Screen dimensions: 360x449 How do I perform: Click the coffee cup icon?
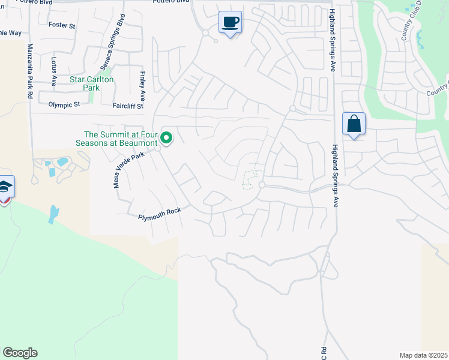(230, 23)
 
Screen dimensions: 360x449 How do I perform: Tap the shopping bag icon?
(354, 124)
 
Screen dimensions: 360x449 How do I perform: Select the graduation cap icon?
(5, 188)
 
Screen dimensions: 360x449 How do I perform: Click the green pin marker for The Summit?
(167, 139)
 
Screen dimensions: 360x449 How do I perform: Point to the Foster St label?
(62, 26)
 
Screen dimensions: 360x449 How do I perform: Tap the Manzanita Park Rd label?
(29, 71)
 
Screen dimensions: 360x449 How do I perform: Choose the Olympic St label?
(64, 104)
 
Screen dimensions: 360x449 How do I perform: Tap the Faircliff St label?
(128, 106)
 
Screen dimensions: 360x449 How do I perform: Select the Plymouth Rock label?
(159, 214)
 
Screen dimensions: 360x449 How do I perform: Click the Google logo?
(20, 353)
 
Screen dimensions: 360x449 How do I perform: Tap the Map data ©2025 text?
(423, 355)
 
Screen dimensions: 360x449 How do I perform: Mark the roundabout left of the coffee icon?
(205, 33)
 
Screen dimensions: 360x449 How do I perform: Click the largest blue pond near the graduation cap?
(54, 214)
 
